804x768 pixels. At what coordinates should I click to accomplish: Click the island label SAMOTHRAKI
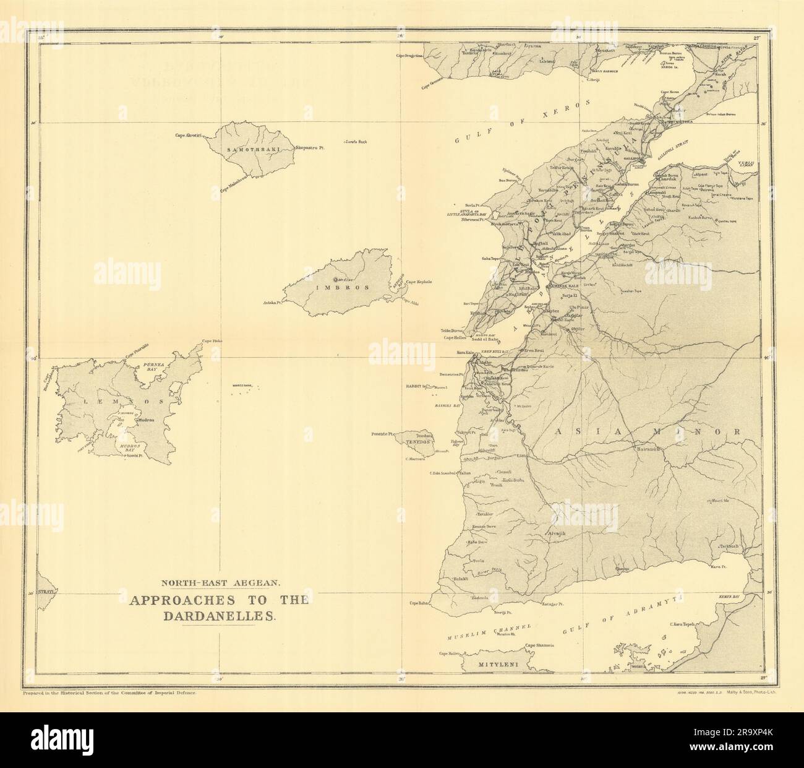(244, 150)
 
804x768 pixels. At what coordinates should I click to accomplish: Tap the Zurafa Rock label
(356, 142)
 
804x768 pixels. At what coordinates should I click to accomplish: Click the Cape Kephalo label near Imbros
(419, 282)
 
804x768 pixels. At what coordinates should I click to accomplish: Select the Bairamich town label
(651, 448)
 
